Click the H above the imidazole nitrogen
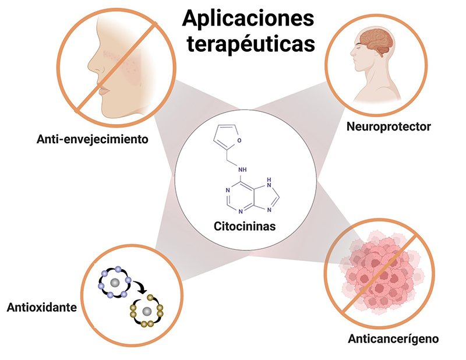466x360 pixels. [268, 181]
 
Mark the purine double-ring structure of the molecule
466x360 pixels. [247, 198]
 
